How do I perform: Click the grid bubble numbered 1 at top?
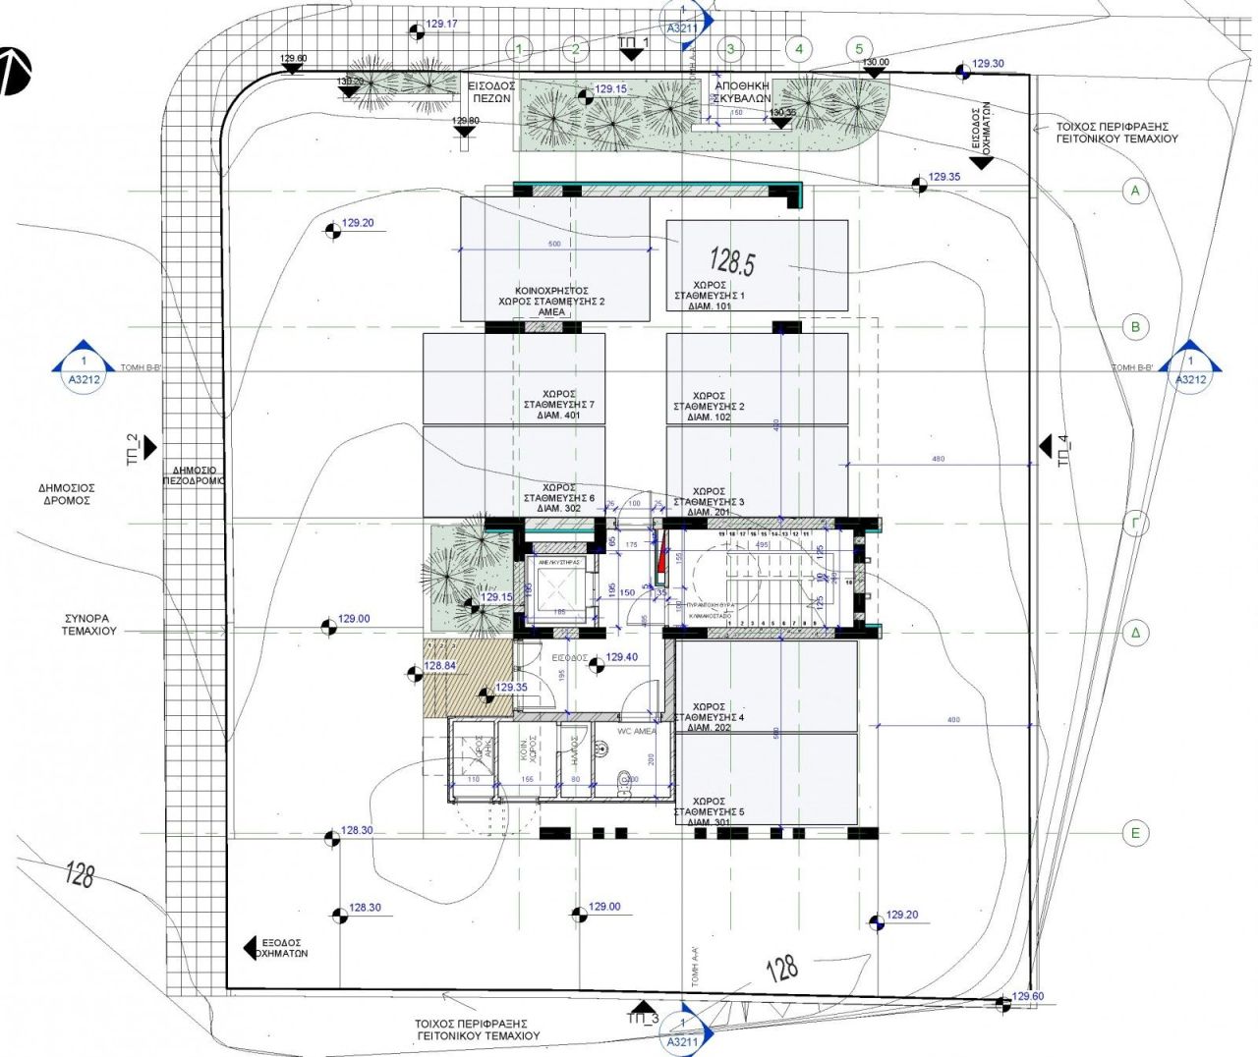click(520, 48)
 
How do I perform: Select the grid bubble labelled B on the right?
click(1135, 327)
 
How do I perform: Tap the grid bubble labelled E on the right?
click(1135, 833)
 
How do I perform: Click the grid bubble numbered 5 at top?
click(859, 48)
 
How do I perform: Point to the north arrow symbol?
click(14, 71)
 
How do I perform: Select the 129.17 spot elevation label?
click(442, 24)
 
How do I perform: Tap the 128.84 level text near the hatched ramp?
click(440, 666)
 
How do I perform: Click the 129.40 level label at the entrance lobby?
click(621, 657)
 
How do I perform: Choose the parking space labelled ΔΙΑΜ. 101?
click(757, 265)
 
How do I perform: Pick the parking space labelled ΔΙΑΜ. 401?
click(513, 378)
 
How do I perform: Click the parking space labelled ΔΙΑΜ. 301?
click(767, 781)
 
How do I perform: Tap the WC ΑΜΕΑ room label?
click(636, 732)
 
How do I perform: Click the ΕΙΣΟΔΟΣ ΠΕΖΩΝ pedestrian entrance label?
click(490, 92)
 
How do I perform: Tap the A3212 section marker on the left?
click(84, 367)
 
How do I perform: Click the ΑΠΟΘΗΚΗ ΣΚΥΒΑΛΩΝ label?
click(743, 92)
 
